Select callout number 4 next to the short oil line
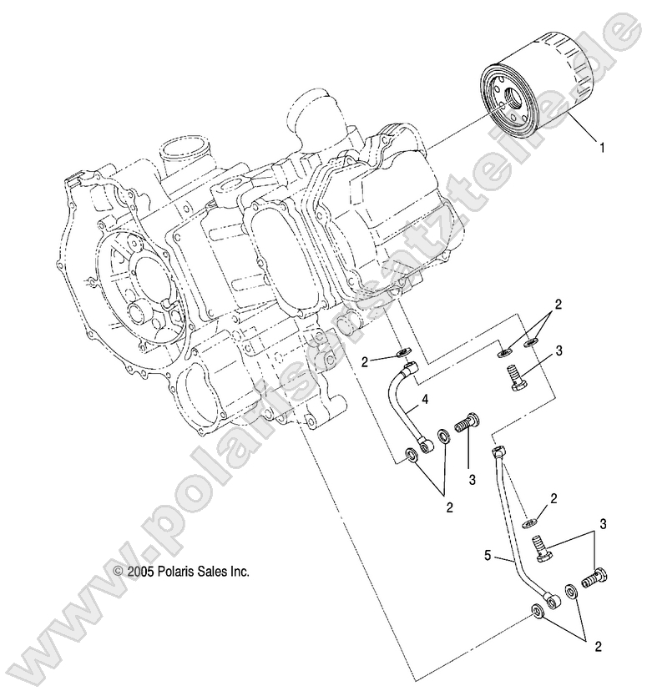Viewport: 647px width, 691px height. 425,401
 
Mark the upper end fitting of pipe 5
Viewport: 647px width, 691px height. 498,452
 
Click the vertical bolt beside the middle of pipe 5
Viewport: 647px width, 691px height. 538,548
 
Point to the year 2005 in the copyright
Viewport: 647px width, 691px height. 138,572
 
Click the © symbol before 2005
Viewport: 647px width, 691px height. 116,572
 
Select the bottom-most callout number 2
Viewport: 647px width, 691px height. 599,645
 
